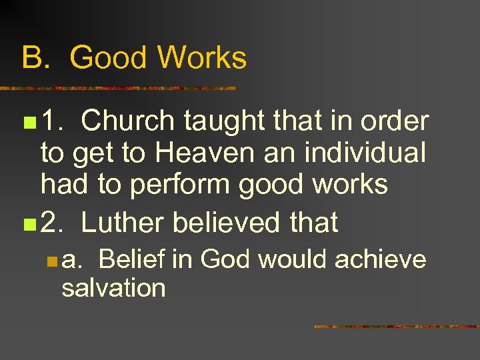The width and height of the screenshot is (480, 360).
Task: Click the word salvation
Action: [113, 288]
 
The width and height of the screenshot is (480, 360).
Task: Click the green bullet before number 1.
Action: [27, 123]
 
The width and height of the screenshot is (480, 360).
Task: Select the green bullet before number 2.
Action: [27, 223]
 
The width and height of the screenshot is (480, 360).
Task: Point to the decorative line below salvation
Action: [396, 327]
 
